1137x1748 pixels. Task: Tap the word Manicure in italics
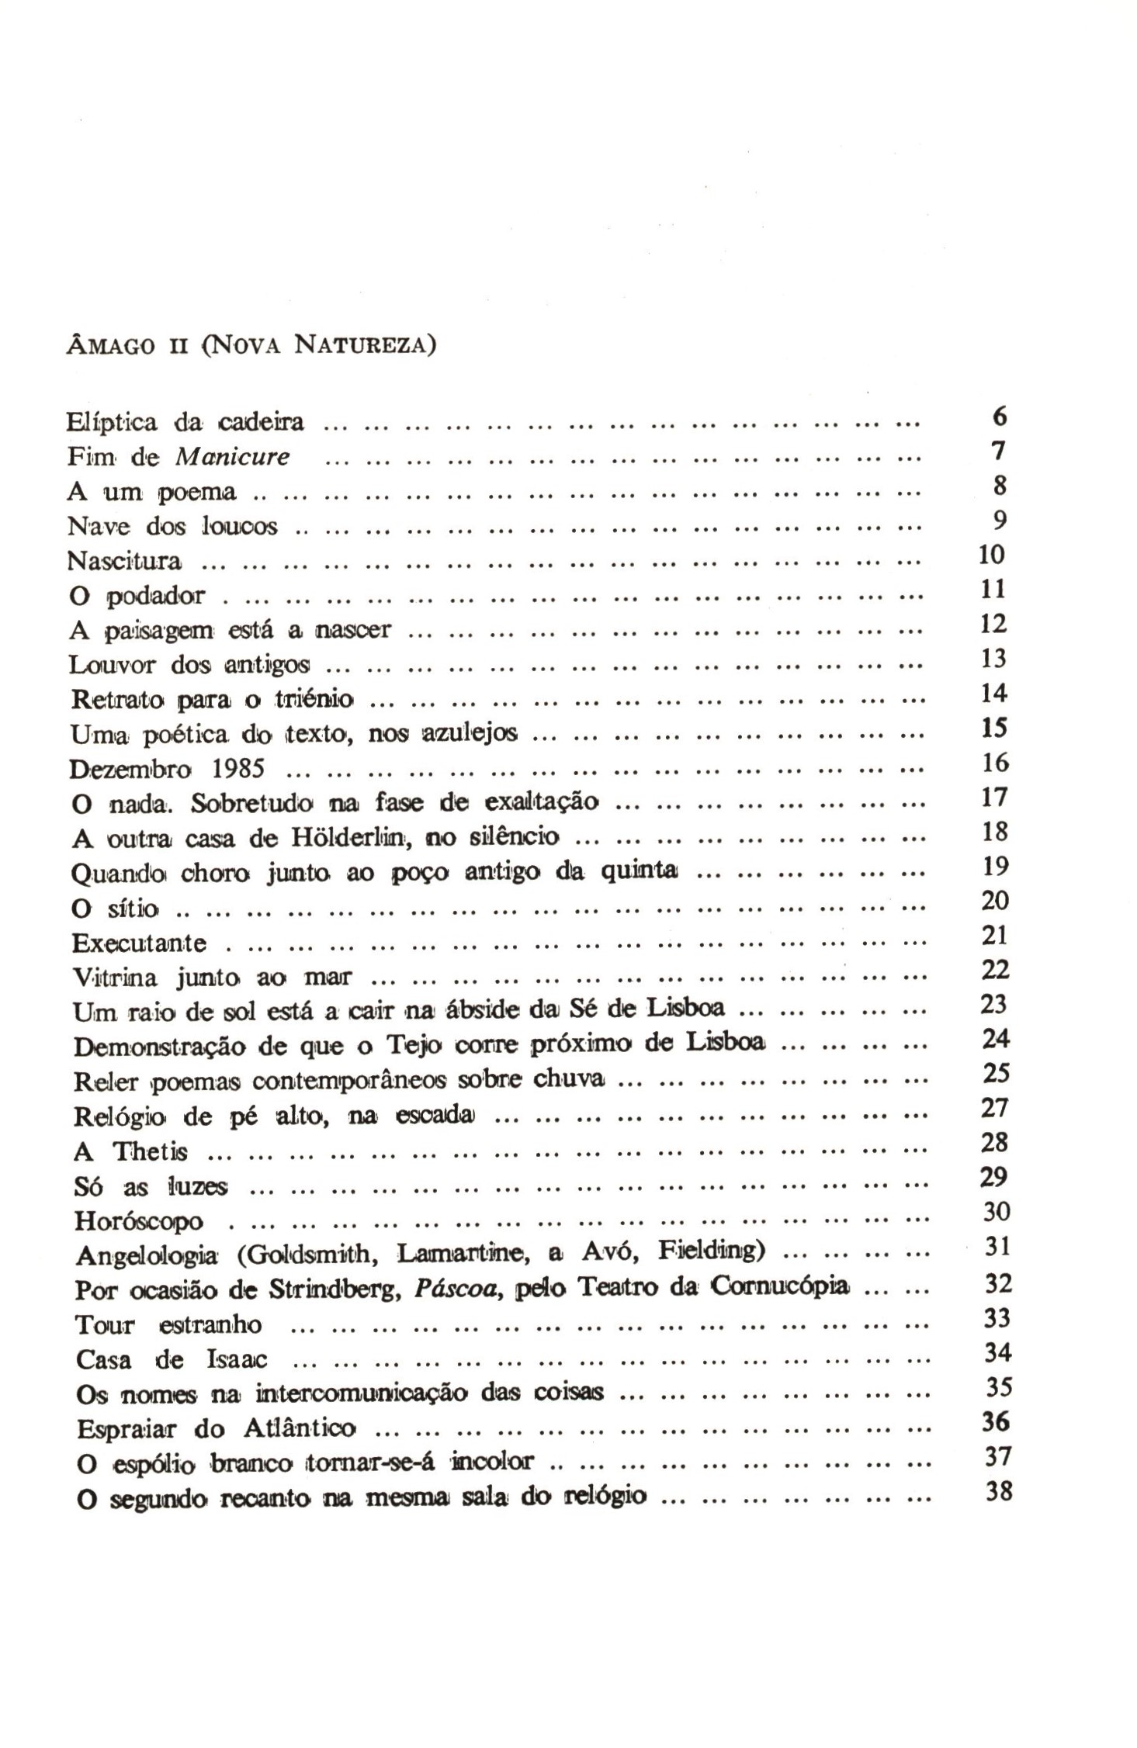[x=232, y=457]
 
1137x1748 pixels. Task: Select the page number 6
[x=1000, y=417]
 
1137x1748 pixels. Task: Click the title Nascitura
[x=125, y=560]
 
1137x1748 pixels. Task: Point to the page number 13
[x=993, y=659]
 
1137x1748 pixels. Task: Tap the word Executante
[x=140, y=943]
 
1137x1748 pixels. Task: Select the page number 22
[x=995, y=970]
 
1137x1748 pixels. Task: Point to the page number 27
[x=994, y=1108]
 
